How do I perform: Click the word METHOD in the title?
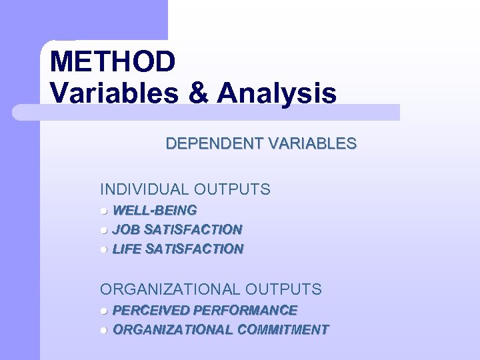click(x=113, y=62)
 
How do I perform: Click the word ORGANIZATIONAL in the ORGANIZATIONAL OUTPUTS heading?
click(x=170, y=289)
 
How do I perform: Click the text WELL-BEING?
click(x=155, y=211)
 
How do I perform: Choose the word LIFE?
click(x=127, y=249)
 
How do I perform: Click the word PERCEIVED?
click(x=151, y=310)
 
